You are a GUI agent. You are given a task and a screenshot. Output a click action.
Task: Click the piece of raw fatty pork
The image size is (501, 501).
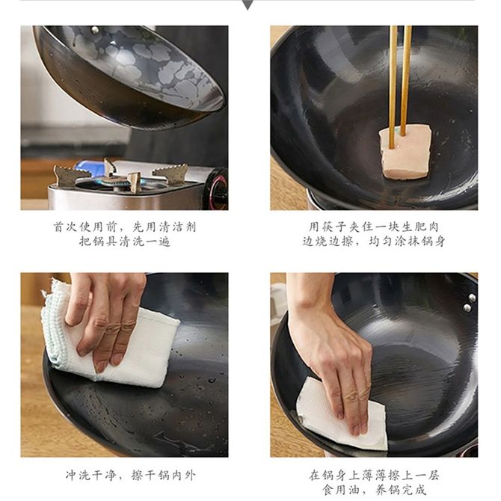pyautogui.click(x=405, y=152)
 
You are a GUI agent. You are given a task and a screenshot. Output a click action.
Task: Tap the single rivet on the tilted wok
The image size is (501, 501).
pyautogui.click(x=95, y=31)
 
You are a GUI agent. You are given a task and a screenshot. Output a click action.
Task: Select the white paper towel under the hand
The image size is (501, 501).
pyautogui.click(x=342, y=414)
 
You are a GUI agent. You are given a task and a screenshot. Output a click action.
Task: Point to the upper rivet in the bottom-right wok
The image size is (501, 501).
pyautogui.click(x=473, y=298)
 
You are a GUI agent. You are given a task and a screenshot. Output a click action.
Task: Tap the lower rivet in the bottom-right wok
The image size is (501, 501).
pyautogui.click(x=467, y=308)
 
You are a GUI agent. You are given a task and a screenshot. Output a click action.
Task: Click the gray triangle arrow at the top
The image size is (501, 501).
pyautogui.click(x=248, y=4)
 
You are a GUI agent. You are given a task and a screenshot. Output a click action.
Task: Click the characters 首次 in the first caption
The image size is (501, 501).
pyautogui.click(x=65, y=227)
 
